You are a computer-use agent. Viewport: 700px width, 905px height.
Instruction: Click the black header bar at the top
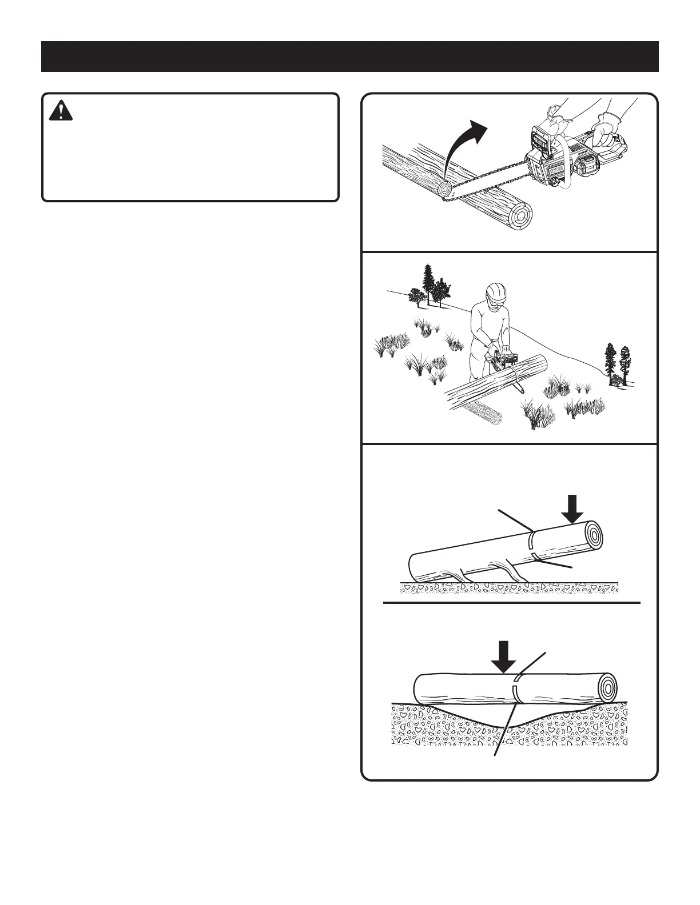coord(349,57)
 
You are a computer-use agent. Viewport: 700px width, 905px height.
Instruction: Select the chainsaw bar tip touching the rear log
coord(444,191)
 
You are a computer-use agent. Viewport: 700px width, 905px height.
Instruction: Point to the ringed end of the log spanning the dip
coord(610,686)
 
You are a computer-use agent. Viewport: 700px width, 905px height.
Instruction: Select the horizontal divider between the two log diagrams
coord(511,603)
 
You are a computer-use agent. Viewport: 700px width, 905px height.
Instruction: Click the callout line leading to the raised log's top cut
coord(515,519)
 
